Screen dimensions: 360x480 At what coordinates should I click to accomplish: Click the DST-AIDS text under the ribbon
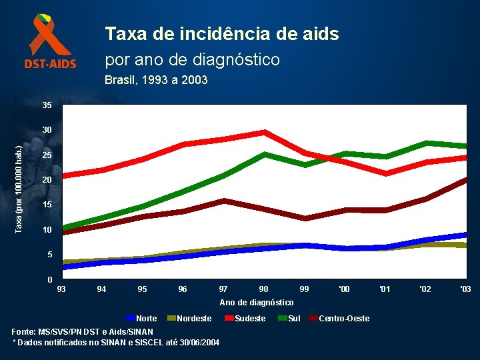pyautogui.click(x=51, y=65)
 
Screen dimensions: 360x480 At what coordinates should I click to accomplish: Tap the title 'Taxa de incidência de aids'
pyautogui.click(x=222, y=34)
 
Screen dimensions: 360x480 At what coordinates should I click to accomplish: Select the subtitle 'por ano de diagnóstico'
pyautogui.click(x=193, y=59)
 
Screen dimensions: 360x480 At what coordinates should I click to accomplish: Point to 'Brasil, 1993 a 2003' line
pyautogui.click(x=156, y=80)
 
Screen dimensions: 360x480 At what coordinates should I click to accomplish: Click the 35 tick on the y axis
pyautogui.click(x=47, y=105)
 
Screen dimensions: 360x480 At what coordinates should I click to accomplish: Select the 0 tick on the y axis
pyautogui.click(x=50, y=279)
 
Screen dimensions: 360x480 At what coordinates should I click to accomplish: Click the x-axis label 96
pyautogui.click(x=183, y=289)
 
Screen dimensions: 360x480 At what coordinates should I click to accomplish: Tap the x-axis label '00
pyautogui.click(x=344, y=289)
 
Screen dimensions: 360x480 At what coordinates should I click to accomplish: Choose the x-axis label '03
pyautogui.click(x=465, y=289)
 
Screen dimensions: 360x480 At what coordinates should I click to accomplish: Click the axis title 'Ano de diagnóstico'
pyautogui.click(x=257, y=303)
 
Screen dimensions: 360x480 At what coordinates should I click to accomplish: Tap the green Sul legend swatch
pyautogui.click(x=281, y=318)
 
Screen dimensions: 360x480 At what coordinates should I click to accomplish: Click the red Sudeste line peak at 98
pyautogui.click(x=265, y=132)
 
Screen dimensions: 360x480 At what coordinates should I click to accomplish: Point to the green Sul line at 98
pyautogui.click(x=265, y=155)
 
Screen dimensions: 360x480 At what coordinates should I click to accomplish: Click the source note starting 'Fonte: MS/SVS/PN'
pyautogui.click(x=83, y=331)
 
